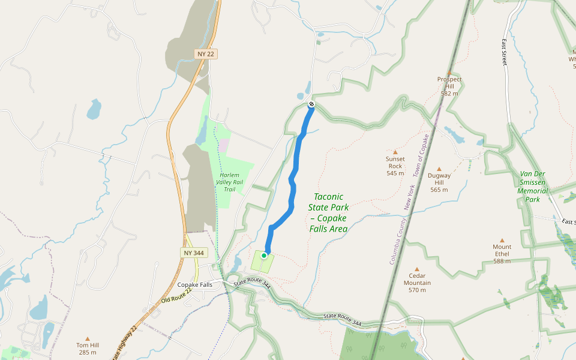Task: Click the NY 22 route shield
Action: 205,54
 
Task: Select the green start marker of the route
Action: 264,256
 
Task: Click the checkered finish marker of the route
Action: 311,104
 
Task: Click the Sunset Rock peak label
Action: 395,166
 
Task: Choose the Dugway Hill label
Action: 439,182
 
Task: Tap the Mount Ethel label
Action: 502,254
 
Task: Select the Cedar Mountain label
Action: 417,283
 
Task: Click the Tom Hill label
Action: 87,349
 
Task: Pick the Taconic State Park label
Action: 328,212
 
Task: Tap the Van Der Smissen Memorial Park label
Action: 533,187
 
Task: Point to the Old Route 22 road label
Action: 176,295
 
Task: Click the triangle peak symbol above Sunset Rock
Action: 395,152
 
